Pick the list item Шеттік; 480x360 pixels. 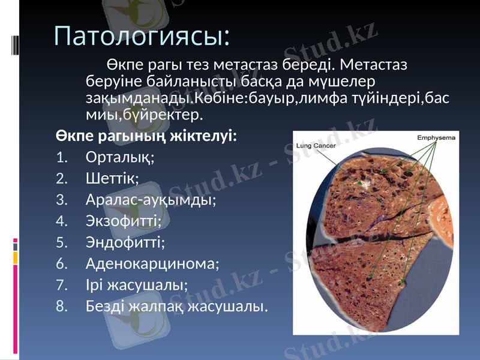(x=113, y=178)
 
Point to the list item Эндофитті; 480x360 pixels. (x=125, y=242)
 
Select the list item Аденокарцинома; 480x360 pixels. (x=153, y=263)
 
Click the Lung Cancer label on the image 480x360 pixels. (x=316, y=145)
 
